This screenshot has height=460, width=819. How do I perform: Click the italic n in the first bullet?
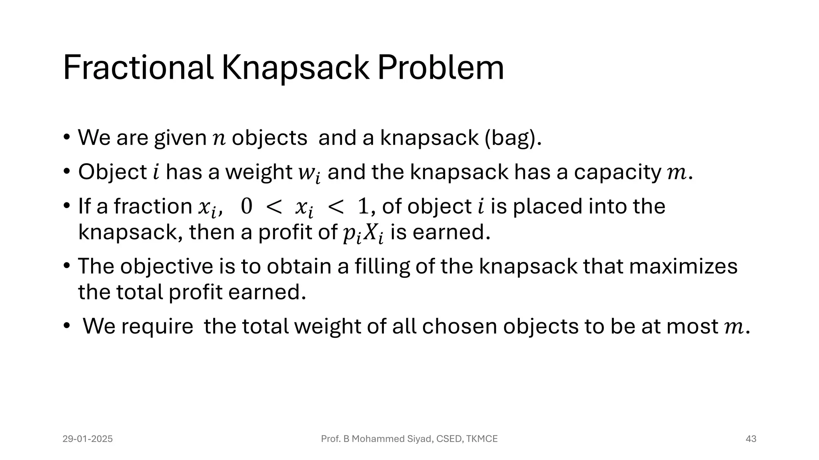(x=219, y=138)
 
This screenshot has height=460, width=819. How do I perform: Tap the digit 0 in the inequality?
(x=246, y=206)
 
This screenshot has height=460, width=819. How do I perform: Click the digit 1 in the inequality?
(x=363, y=206)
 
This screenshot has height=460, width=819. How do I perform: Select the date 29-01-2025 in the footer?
(x=88, y=439)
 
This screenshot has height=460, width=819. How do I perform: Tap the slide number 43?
(x=751, y=439)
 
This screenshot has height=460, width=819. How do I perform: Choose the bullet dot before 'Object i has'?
(x=66, y=172)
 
